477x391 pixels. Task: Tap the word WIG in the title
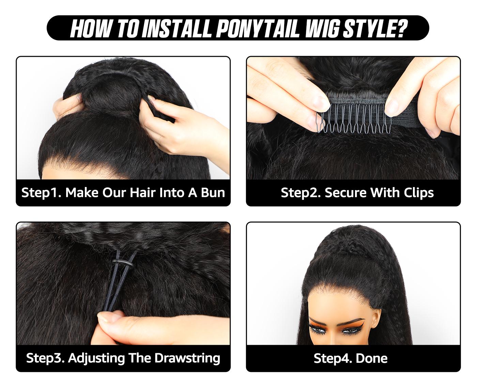pos(322,28)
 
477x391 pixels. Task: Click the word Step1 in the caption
pos(41,192)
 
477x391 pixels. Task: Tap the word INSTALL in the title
pos(177,28)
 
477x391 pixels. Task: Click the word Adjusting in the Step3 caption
pos(96,358)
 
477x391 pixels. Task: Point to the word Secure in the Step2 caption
pos(345,192)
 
